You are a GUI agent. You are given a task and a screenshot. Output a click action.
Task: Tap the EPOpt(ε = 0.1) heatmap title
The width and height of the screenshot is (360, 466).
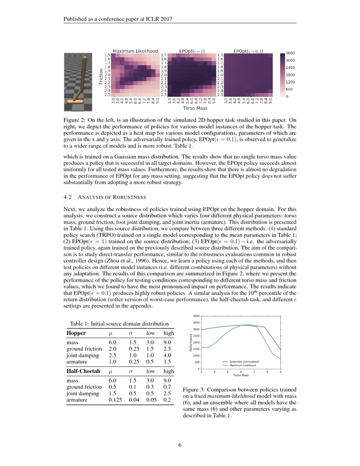[248, 51]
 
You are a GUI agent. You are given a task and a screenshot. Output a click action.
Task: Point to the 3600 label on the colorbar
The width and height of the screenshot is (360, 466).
[291, 53]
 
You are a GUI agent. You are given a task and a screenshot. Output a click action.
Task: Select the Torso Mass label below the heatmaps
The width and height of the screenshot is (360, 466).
[191, 108]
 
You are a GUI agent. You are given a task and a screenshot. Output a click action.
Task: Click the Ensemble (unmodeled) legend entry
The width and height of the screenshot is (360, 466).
[241, 361]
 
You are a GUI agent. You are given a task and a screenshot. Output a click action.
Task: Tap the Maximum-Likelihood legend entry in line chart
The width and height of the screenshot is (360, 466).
[241, 365]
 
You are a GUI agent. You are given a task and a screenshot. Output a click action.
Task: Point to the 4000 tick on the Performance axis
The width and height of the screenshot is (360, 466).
[196, 316]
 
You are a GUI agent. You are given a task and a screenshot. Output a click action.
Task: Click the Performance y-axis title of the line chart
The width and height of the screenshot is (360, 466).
[192, 343]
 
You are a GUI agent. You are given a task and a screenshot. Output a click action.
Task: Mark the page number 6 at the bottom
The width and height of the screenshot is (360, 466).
[180, 445]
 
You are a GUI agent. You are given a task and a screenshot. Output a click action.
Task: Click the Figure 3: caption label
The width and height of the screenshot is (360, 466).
[195, 389]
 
